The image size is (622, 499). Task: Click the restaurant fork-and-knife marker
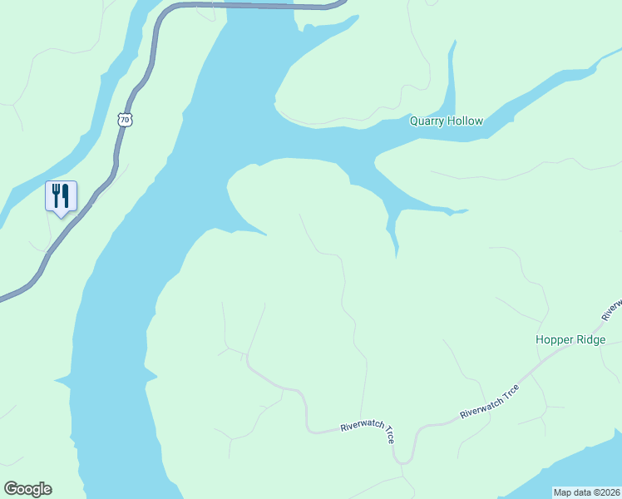tap(61, 196)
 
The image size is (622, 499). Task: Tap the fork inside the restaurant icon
tap(56, 195)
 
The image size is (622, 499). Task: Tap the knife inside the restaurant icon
tap(66, 195)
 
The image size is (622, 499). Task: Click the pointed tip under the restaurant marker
tap(61, 215)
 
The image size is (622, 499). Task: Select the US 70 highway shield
tap(125, 120)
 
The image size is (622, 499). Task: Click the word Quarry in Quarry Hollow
tap(427, 121)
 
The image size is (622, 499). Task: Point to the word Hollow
tap(465, 121)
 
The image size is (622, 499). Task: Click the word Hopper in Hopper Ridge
tap(554, 340)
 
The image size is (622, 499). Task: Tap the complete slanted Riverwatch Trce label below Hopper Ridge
tap(490, 401)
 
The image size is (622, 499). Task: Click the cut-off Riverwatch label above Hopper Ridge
tap(613, 309)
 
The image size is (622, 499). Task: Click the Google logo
tap(28, 489)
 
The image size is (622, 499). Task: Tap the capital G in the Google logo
tap(11, 489)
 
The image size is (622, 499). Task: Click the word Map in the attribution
tap(564, 492)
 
